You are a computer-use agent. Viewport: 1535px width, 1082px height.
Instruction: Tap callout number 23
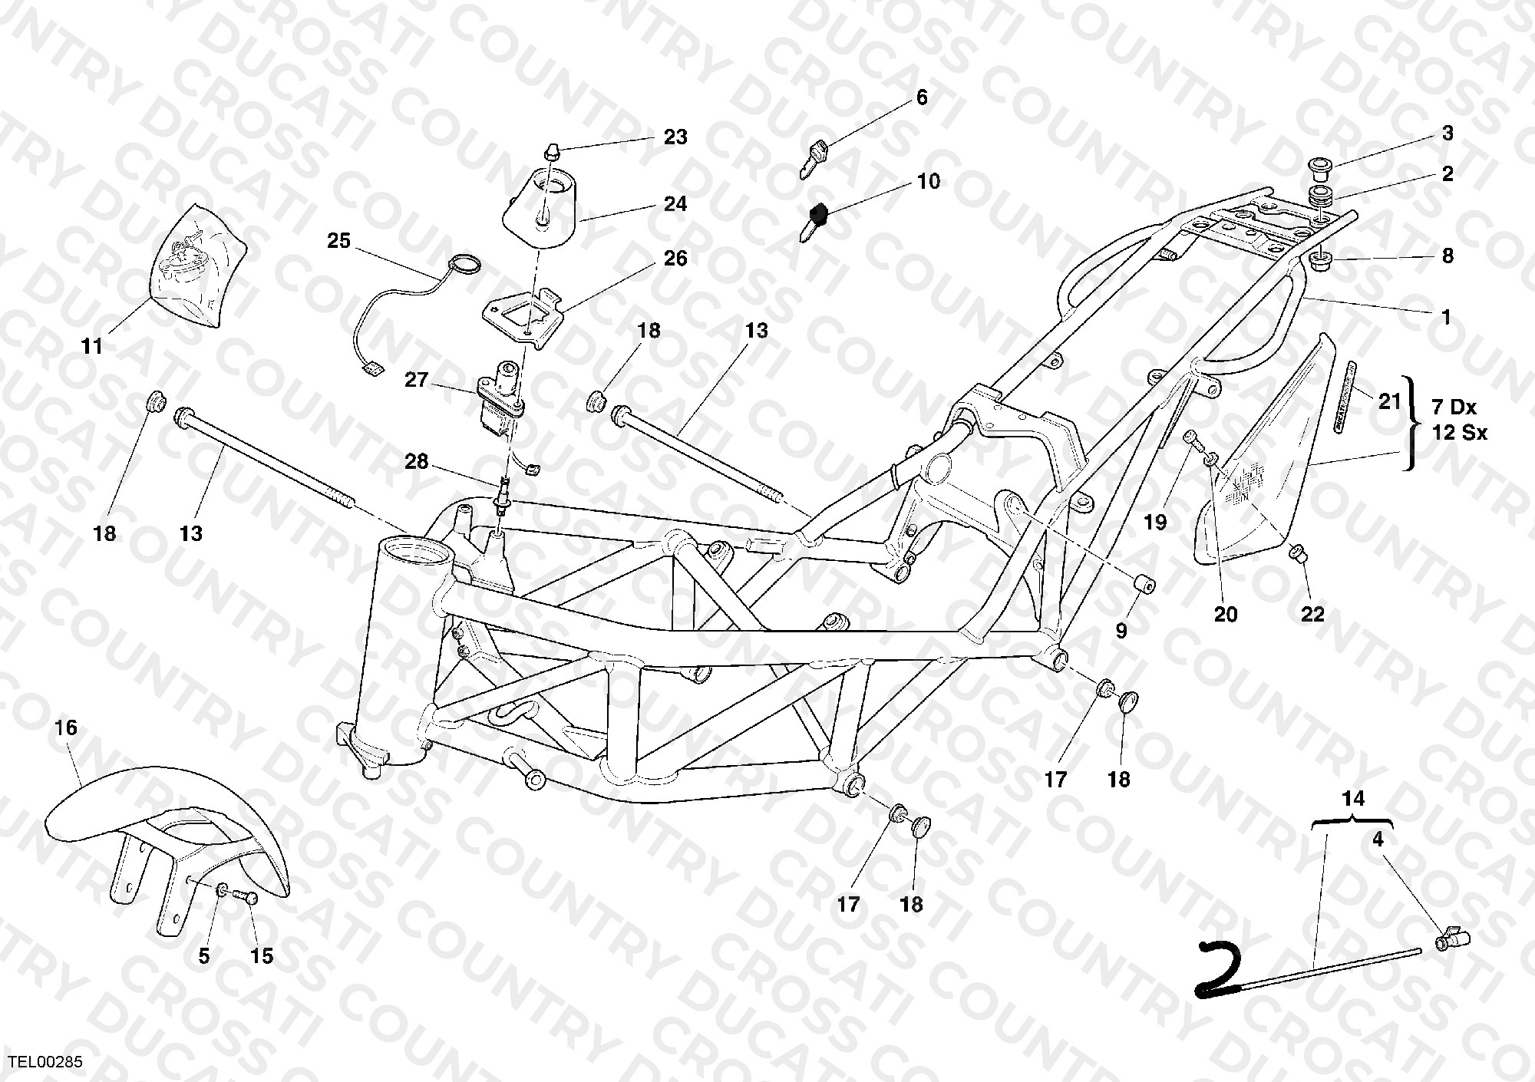[x=675, y=137]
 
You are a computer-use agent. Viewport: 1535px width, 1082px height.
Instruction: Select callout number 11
[x=92, y=347]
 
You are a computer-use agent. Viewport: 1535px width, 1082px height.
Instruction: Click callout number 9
[x=1121, y=632]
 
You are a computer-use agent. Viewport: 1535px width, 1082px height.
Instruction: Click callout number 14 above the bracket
[x=1353, y=799]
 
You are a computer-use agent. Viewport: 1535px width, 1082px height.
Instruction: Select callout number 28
[x=417, y=462]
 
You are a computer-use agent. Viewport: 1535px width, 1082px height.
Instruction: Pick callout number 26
[x=675, y=259]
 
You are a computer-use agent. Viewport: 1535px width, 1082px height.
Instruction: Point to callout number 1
[x=1446, y=316]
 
